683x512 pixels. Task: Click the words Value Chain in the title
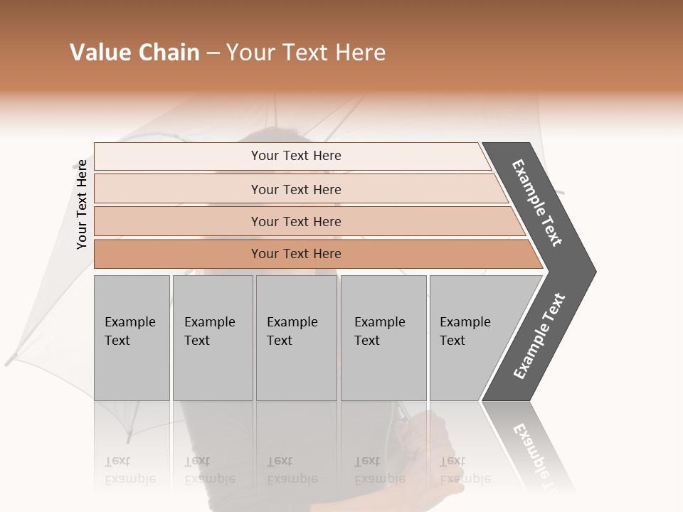coord(134,53)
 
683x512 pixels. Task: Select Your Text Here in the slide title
coord(306,53)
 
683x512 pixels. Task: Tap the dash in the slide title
coord(213,53)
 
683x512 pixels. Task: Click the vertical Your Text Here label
coord(82,204)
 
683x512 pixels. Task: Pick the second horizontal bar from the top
coord(296,189)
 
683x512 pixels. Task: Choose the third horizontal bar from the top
coord(296,221)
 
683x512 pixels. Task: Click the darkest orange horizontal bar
coord(296,254)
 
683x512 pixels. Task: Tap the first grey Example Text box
coord(132,337)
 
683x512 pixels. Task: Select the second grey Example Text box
coord(212,337)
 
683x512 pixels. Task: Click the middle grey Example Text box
coord(296,337)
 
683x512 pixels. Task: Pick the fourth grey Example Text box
coord(383,337)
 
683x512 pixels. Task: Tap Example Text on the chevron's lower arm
coord(539,336)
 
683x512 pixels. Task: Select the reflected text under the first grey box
coord(129,470)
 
